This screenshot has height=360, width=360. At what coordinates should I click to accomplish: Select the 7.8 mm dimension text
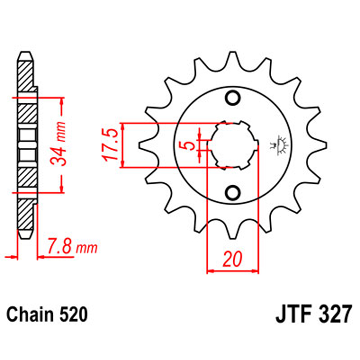click(x=73, y=248)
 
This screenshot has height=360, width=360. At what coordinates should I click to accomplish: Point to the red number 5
click(x=192, y=145)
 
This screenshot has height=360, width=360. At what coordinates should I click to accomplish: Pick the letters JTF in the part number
click(x=292, y=315)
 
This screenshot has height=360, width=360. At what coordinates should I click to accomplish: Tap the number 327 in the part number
click(x=334, y=315)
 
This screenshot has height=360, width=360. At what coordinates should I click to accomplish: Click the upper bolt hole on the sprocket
click(x=233, y=98)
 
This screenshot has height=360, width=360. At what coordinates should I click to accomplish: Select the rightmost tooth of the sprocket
click(x=323, y=144)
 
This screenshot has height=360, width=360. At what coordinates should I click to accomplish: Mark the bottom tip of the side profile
click(x=26, y=236)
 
